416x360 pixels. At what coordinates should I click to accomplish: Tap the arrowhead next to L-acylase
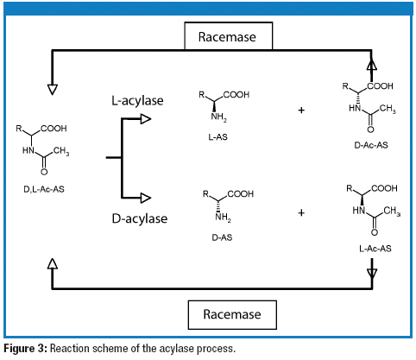tap(144, 120)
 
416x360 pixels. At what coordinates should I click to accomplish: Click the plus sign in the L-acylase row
tap(299, 111)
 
